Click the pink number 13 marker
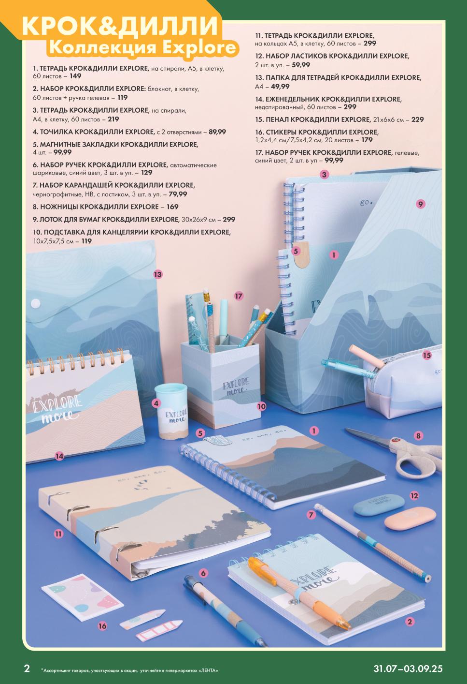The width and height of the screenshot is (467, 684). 157,274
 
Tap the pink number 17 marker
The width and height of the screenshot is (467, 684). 239,296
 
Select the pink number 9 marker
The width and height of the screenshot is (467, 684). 421,204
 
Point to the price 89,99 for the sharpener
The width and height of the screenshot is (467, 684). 217,132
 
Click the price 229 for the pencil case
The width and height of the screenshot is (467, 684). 418,119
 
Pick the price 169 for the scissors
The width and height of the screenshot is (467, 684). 172,207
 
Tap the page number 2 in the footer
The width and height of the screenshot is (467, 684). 27,668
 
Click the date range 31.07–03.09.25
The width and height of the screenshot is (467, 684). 408,669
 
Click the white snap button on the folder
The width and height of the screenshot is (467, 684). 36,303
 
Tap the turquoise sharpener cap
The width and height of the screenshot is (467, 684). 171,391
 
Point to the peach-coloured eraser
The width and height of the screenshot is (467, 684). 410,518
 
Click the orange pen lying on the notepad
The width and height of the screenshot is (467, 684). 299,593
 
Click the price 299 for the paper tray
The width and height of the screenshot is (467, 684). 229,220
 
